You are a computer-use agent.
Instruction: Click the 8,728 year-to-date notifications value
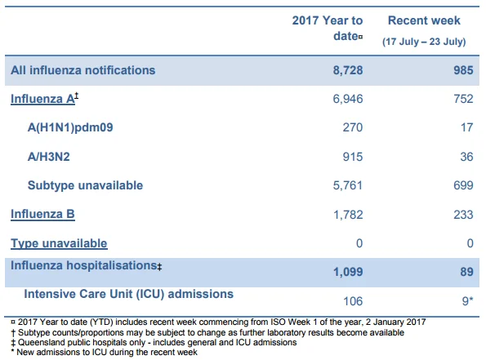coord(348,70)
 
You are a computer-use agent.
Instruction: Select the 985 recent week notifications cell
coord(463,70)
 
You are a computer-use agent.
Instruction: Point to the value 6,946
coord(348,99)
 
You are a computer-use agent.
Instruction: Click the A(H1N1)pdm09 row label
coord(70,127)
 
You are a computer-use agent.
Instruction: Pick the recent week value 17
coord(466,127)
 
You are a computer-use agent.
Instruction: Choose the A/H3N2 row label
coord(49,157)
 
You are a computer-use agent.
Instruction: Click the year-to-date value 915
coord(353,157)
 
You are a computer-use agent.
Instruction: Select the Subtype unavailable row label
coord(85,185)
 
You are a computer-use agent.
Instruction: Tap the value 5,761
coord(348,185)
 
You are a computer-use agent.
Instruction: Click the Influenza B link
coord(42,214)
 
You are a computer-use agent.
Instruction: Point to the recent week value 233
coord(463,215)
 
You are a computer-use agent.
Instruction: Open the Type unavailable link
coord(59,243)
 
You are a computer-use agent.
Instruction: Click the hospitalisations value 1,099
coord(348,272)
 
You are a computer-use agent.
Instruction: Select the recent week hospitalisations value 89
coord(466,272)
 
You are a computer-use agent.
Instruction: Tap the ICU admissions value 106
coord(353,301)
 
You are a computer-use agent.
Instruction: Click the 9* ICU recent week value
coord(468,300)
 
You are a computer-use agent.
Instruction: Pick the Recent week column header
coord(424,20)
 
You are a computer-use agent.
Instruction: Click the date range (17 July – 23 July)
coord(424,42)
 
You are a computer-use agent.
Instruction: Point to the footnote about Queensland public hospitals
coord(154,342)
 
